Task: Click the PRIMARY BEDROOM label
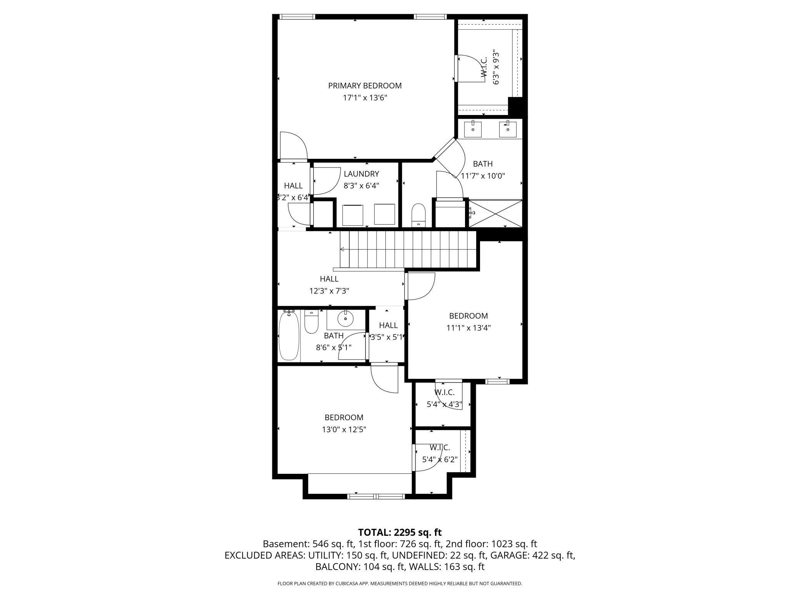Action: pos(365,86)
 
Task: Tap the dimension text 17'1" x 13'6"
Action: pos(365,98)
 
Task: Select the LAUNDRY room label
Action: pos(361,174)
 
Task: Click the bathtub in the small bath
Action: pos(288,335)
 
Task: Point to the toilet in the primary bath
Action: pos(418,215)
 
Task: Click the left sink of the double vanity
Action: pos(472,129)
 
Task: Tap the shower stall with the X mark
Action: pos(495,213)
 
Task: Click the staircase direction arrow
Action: pos(342,249)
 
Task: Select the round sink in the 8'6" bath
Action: pos(345,318)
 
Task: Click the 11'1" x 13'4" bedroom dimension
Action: pos(468,328)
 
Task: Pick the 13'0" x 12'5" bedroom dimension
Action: pos(344,430)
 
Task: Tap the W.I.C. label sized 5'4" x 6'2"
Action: pos(440,448)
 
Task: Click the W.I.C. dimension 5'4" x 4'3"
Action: pos(444,405)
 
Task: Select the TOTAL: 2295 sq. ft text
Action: pos(400,532)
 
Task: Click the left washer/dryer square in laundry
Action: pos(353,215)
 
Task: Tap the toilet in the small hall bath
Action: pos(311,322)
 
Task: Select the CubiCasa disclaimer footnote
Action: pos(400,584)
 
